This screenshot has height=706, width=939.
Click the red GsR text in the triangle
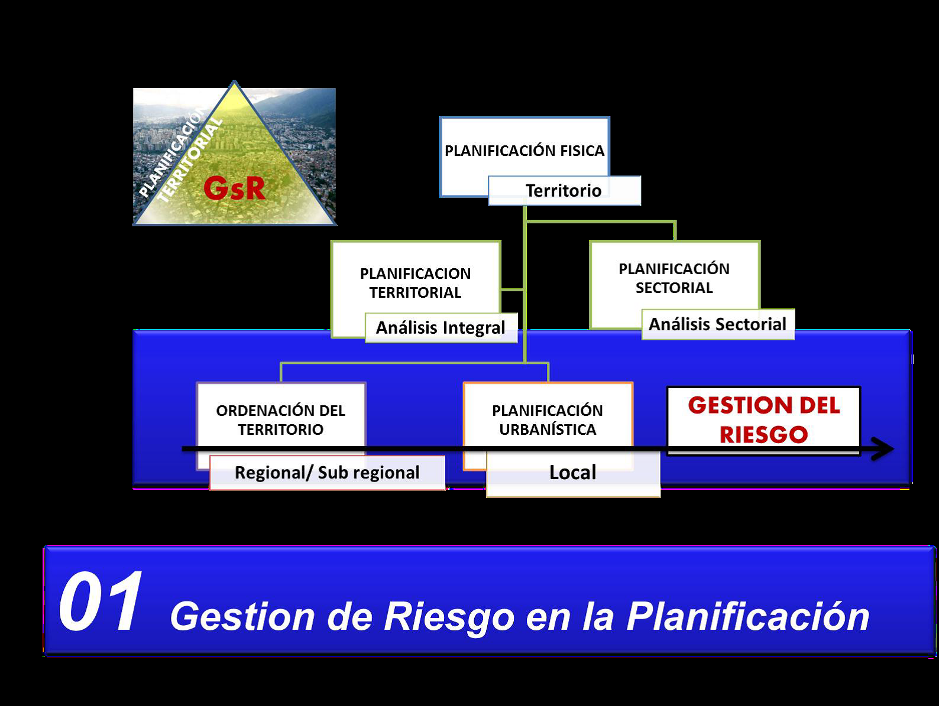point(234,188)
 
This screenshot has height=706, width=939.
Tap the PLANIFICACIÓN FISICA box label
point(524,151)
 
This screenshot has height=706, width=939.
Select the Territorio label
point(564,191)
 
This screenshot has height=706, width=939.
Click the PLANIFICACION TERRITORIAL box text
point(416,283)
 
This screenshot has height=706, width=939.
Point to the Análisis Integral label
point(441,328)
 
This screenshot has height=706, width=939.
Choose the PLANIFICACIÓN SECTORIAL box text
point(674,278)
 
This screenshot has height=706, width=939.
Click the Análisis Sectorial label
point(717,324)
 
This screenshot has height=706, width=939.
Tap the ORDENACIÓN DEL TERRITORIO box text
point(281,419)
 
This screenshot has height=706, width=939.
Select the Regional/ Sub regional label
point(327,473)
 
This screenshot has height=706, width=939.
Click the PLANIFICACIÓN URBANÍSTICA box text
point(548,419)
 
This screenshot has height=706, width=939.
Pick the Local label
point(572,473)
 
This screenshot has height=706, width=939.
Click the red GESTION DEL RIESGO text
point(763,419)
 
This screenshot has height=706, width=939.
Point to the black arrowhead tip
point(893,449)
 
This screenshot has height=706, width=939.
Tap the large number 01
point(101,603)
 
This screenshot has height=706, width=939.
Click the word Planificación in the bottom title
point(748,616)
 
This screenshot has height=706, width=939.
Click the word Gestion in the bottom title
point(242,616)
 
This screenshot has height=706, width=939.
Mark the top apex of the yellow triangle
point(235,82)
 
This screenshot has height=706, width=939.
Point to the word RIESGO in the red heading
point(763,435)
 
